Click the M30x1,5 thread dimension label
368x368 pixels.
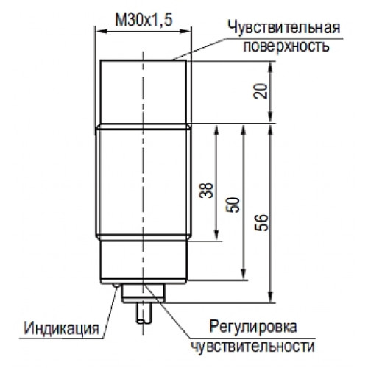(x=144, y=20)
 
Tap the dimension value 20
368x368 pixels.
(x=261, y=91)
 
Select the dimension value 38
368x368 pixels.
(x=206, y=190)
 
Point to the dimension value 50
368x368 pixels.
(x=233, y=205)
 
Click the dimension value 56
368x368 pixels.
(x=261, y=222)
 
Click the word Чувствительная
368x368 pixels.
(x=284, y=27)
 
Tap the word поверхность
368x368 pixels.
(x=286, y=46)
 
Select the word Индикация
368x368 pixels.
(x=61, y=328)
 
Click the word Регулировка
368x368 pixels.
(x=253, y=327)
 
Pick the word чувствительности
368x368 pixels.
(x=252, y=347)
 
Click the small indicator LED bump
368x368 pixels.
(x=116, y=285)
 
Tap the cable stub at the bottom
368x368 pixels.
(x=144, y=313)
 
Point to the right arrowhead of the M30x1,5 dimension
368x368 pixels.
(x=185, y=31)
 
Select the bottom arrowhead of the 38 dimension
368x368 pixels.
(x=216, y=235)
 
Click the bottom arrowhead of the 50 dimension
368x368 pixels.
(x=244, y=274)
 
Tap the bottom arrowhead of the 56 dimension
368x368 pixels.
(x=270, y=297)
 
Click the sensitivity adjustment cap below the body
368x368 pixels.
(x=144, y=293)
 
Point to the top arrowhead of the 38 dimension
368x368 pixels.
(x=216, y=130)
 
